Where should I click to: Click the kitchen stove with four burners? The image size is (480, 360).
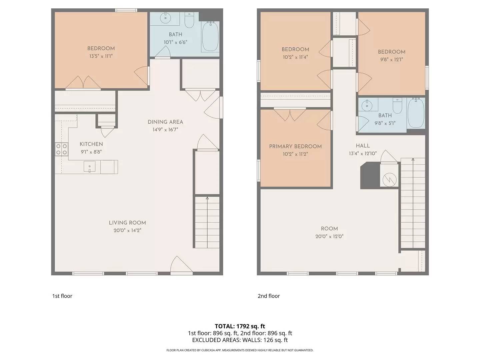(62, 149)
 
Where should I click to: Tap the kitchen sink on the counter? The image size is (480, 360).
(89, 166)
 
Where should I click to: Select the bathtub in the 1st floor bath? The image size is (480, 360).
(210, 36)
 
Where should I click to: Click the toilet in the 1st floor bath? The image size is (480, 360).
(189, 21)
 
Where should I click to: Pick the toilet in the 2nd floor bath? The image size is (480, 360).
(397, 106)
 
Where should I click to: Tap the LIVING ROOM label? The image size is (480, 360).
(127, 223)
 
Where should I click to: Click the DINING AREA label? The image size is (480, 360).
(165, 122)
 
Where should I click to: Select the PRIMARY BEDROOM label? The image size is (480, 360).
(295, 146)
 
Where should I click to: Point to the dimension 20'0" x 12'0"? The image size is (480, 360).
(329, 236)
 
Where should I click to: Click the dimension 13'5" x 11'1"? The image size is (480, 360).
(101, 56)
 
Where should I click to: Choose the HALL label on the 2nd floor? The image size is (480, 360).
(363, 146)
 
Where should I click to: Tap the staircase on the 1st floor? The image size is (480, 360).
(207, 222)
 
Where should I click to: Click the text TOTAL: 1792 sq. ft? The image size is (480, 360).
(240, 326)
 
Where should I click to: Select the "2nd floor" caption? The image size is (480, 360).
(269, 296)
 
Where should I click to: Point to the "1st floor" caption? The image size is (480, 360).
(62, 296)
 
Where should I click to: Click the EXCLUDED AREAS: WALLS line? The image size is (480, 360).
(240, 340)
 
